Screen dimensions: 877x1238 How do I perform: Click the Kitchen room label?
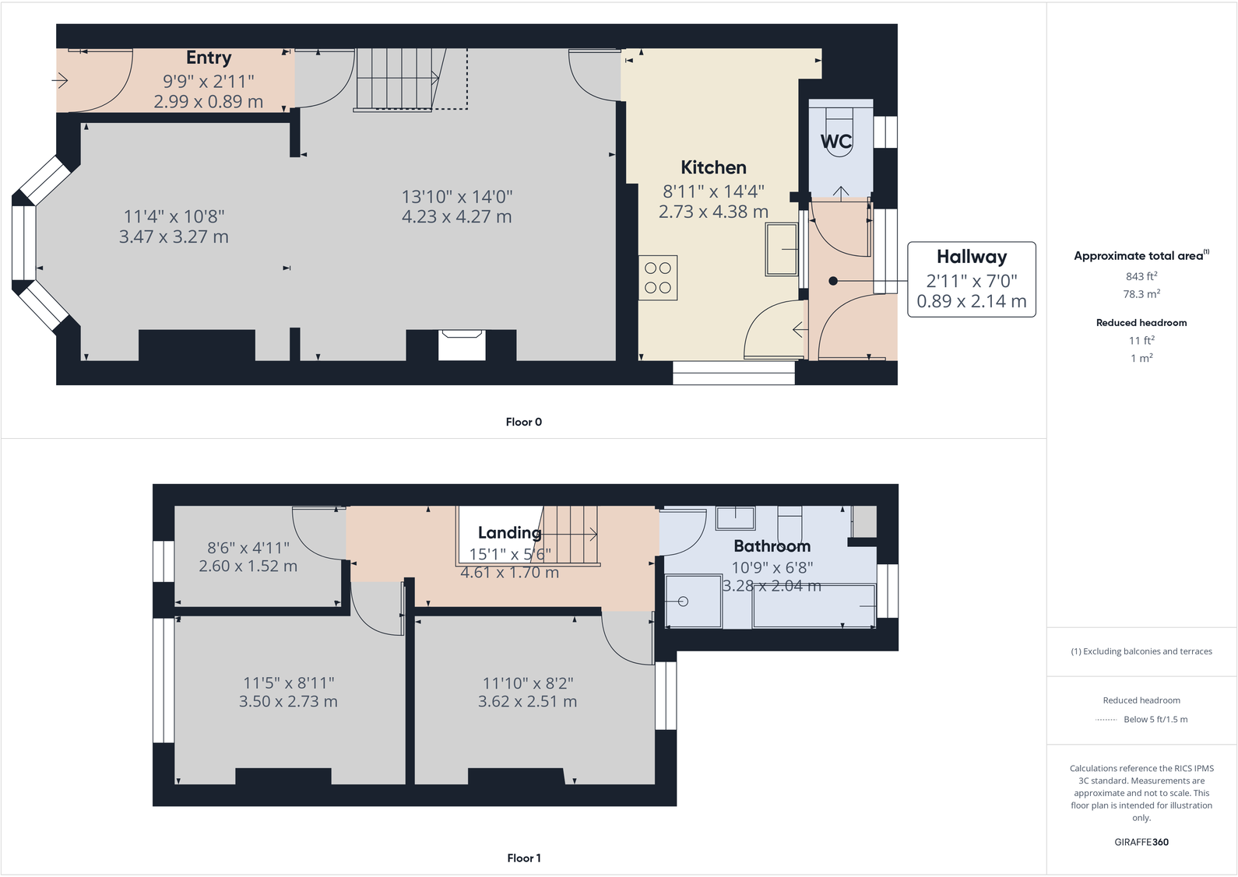[713, 167]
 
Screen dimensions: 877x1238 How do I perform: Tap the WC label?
[835, 142]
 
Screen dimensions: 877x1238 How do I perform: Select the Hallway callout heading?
[971, 257]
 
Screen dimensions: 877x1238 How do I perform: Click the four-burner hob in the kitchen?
[658, 278]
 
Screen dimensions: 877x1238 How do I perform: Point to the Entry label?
[209, 58]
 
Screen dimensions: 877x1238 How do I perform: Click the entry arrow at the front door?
[60, 80]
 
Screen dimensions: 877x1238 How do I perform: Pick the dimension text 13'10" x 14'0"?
[457, 197]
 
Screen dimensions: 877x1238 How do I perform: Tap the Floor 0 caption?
[523, 422]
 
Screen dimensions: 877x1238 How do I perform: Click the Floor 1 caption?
[523, 858]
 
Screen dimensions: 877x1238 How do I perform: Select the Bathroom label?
[772, 546]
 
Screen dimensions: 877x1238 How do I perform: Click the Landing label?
[509, 533]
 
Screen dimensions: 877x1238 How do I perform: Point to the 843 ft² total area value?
[1141, 276]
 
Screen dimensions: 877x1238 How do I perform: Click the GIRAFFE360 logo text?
[1141, 842]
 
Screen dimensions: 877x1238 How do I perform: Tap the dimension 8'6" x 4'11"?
[248, 548]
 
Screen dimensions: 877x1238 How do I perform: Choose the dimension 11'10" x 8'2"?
[527, 683]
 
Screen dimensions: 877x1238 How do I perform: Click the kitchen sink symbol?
[781, 250]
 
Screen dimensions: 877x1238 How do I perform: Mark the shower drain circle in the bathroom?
[683, 602]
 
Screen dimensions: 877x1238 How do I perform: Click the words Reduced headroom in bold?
[1141, 323]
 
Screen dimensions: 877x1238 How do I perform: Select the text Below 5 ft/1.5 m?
[1155, 720]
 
